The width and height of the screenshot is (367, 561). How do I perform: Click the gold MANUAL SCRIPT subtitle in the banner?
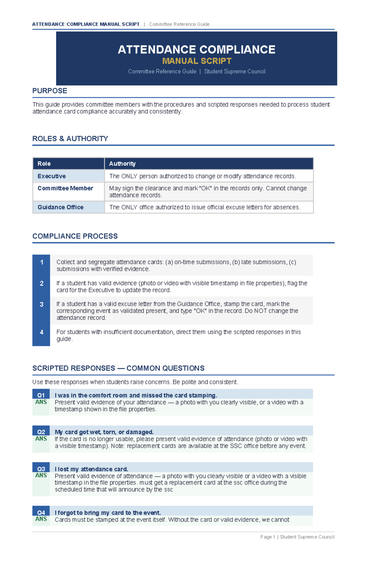coord(197,61)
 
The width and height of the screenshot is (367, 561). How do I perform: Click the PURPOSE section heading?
coord(50,91)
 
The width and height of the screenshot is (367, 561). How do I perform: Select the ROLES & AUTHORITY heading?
coord(70,139)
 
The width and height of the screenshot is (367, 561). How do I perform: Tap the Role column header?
coord(44,164)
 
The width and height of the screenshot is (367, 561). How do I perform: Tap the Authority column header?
coord(122,164)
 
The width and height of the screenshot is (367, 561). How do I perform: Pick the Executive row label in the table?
coord(51,176)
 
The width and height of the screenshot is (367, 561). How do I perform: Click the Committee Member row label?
coord(65,188)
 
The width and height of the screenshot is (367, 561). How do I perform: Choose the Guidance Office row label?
coord(60,207)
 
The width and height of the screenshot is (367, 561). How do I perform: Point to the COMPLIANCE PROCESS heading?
coord(75,236)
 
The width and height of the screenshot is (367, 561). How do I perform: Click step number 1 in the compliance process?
coord(42,262)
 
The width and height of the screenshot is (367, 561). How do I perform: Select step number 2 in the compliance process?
coord(42,283)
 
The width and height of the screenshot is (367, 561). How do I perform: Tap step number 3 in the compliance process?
coord(42,304)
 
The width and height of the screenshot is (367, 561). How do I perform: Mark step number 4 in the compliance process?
coord(42,332)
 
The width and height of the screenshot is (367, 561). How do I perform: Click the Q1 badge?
coord(41,395)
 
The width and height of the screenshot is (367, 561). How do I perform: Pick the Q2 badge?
coord(41,432)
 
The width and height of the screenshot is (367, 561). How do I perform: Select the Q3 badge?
coord(41,469)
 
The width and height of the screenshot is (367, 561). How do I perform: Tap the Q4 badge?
coord(41,512)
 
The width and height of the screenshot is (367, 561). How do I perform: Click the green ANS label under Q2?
coord(41,439)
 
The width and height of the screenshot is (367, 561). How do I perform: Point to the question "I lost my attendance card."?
coord(91,469)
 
